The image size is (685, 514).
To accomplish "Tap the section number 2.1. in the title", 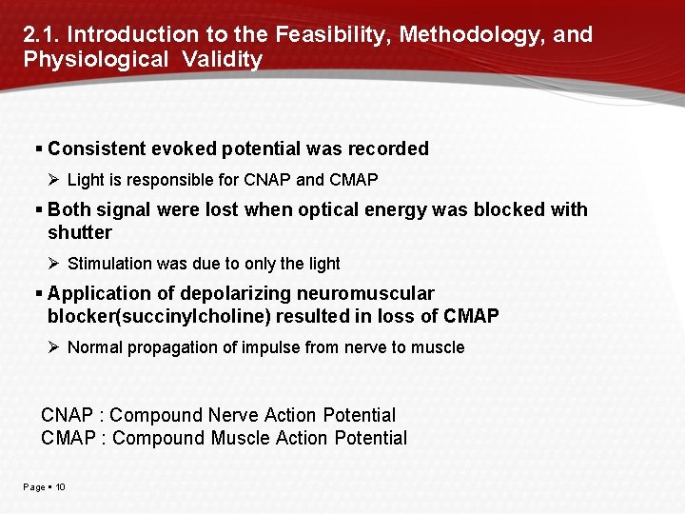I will (42, 35).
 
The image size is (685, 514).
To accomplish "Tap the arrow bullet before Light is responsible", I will (55, 180).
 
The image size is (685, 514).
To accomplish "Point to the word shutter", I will (80, 232).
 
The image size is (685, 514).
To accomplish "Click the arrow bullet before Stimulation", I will (55, 264).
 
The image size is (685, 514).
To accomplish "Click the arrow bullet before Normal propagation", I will (55, 347).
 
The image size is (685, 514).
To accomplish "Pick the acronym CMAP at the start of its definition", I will (71, 438).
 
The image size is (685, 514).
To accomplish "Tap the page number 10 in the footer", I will (60, 487).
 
